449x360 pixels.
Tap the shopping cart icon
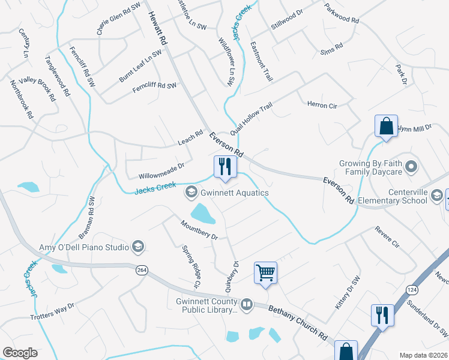[265, 273]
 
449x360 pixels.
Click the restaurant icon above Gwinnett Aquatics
[225, 167]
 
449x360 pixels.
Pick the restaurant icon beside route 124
[382, 315]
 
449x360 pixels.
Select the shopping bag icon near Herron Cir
[386, 127]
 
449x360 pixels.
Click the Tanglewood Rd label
[58, 77]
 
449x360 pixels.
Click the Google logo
[20, 353]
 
